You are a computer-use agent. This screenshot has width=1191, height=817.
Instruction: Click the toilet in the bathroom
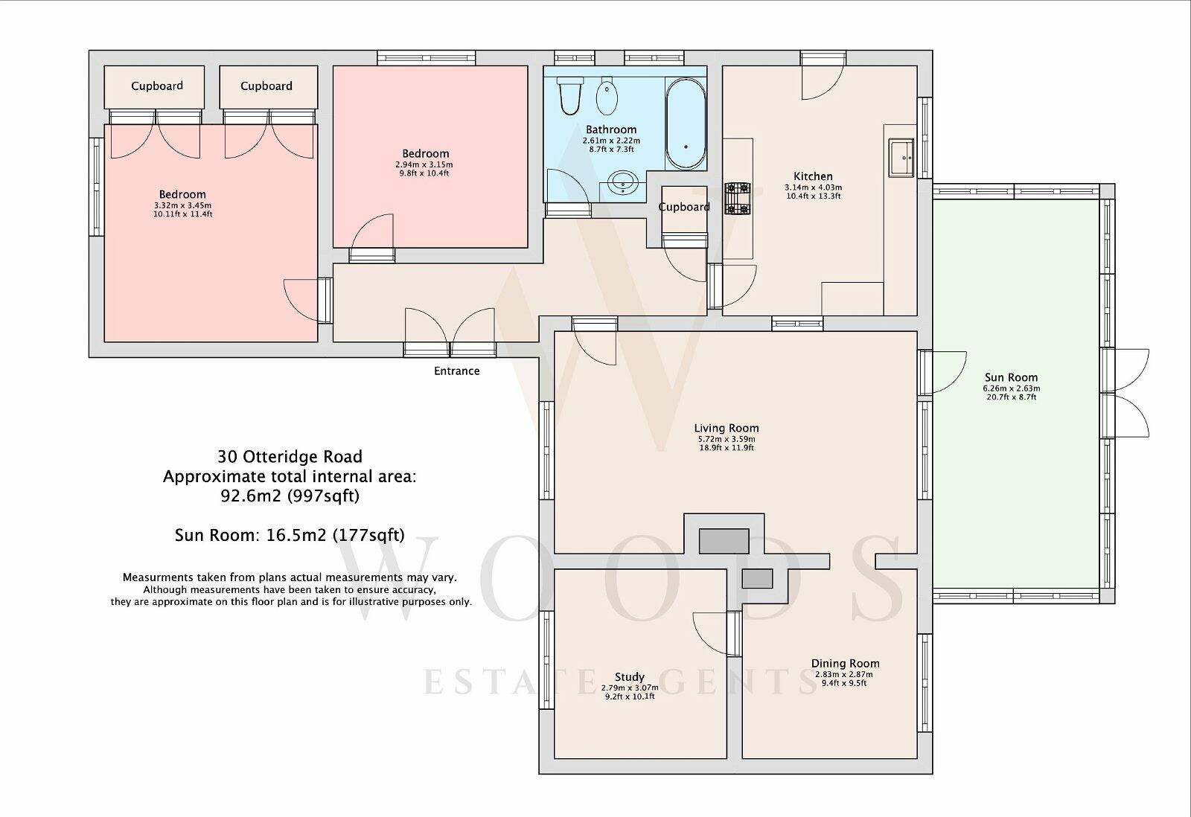[569, 96]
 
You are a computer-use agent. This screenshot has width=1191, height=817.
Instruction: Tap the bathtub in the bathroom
[686, 124]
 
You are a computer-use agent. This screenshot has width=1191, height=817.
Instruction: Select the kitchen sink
[901, 158]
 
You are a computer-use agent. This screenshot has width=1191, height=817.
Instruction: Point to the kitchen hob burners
[737, 198]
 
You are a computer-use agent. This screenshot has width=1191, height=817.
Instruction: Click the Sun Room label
[1011, 377]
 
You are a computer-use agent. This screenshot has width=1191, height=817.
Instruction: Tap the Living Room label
[727, 428]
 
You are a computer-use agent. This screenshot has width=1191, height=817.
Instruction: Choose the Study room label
[630, 677]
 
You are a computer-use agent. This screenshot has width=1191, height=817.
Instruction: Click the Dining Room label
[845, 664]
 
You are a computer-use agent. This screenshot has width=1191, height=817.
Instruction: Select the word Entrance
[457, 371]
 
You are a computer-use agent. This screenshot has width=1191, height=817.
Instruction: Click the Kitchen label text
[813, 176]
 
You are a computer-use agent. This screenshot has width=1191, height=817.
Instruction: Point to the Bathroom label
[611, 129]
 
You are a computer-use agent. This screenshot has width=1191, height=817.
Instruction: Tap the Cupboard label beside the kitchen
[684, 207]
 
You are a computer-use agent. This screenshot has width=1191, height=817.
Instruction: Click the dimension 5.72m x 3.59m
[727, 439]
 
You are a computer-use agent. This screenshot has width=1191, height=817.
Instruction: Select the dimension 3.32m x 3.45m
[182, 205]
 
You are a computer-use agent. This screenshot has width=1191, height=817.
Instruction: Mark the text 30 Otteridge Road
[290, 457]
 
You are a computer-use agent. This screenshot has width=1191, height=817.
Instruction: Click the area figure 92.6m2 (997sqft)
[290, 496]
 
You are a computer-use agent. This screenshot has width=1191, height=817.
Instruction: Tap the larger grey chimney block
[724, 541]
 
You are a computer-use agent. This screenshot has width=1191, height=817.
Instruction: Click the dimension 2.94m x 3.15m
[424, 164]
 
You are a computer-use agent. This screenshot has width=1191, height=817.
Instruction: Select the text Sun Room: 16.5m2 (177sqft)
[290, 535]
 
